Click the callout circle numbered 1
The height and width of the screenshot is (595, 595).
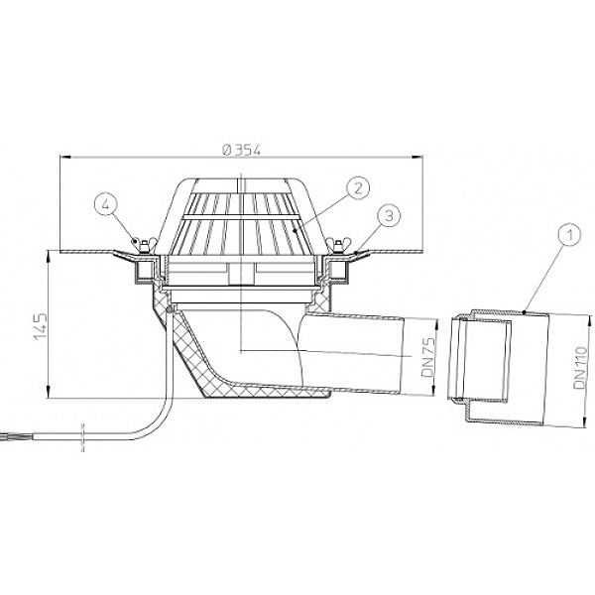coord(569,235)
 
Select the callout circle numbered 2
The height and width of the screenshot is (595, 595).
coord(358,188)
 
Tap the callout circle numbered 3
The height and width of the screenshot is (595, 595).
coord(389,216)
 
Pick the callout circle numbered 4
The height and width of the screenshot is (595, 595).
coord(106,204)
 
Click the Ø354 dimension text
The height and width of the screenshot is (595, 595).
coord(241,150)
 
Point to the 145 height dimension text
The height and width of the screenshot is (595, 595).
coord(41,326)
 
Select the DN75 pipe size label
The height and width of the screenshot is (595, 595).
coord(428,357)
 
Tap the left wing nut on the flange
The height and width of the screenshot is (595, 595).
coord(144,245)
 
